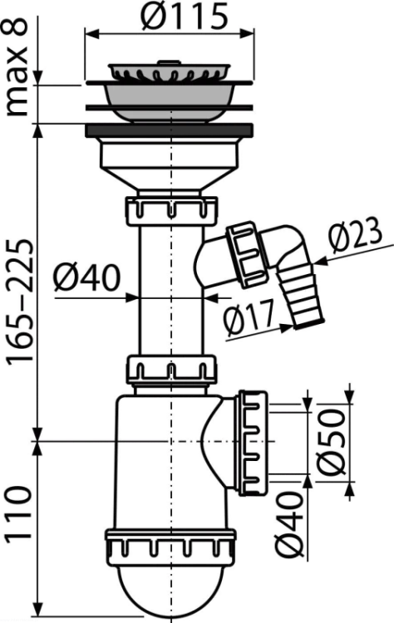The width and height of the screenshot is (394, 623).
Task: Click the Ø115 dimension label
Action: point(185,17)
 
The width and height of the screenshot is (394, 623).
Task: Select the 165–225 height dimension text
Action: point(20,301)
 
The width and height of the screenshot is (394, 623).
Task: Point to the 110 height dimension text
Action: point(18,513)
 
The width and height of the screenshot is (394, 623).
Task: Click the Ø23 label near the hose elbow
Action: point(355,239)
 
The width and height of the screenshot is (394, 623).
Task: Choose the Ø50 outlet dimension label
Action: point(332,442)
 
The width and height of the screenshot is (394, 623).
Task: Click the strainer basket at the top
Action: point(169,71)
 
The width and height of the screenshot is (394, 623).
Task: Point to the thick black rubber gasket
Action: point(169,130)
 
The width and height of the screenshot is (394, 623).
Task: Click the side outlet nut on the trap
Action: point(253,442)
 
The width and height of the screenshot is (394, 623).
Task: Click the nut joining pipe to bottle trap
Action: point(172,370)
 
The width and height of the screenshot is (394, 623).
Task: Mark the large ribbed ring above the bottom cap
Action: point(171,545)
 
